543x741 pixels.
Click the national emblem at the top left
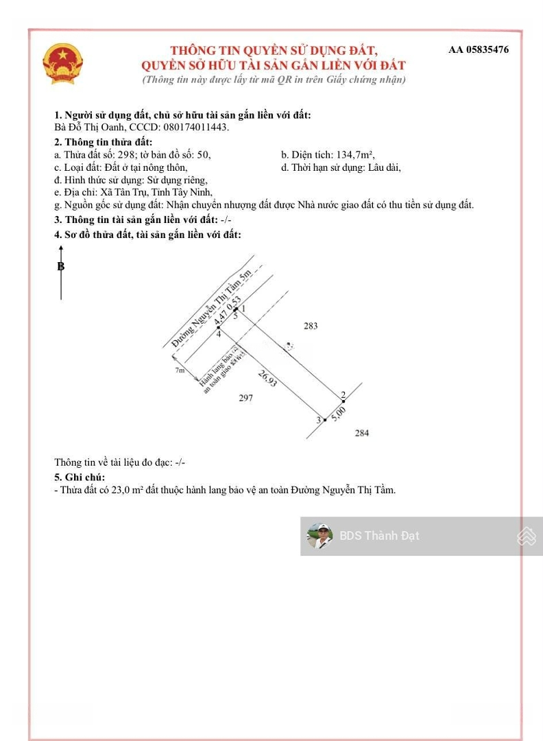[62, 64]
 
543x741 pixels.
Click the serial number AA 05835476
[479, 49]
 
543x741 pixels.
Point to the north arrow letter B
[61, 267]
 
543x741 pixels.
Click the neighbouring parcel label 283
[311, 326]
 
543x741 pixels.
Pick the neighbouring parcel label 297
[245, 398]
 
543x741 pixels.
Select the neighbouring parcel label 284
[362, 432]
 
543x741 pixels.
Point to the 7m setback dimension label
[180, 370]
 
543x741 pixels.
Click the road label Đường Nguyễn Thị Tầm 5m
[212, 308]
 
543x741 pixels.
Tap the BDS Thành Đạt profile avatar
[319, 536]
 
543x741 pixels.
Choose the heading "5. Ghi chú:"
[80, 477]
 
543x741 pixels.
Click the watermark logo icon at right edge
[527, 536]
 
